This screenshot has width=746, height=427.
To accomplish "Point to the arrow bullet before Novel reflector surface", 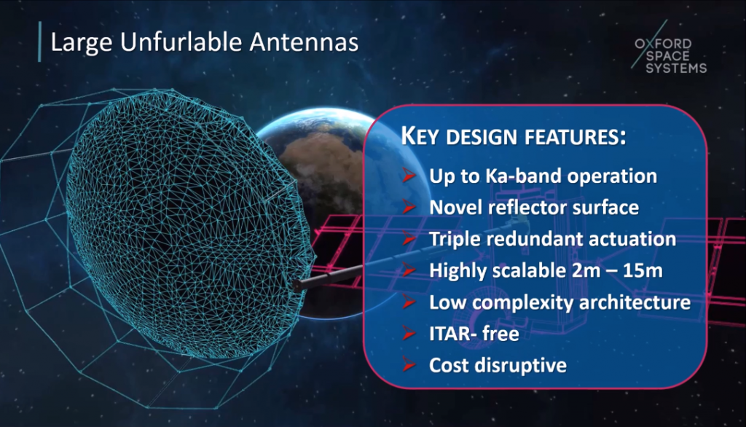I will coord(410,208).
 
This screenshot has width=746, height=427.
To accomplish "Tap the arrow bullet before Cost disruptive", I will coord(410,366).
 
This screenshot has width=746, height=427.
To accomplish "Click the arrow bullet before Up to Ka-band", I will coord(410,176).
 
